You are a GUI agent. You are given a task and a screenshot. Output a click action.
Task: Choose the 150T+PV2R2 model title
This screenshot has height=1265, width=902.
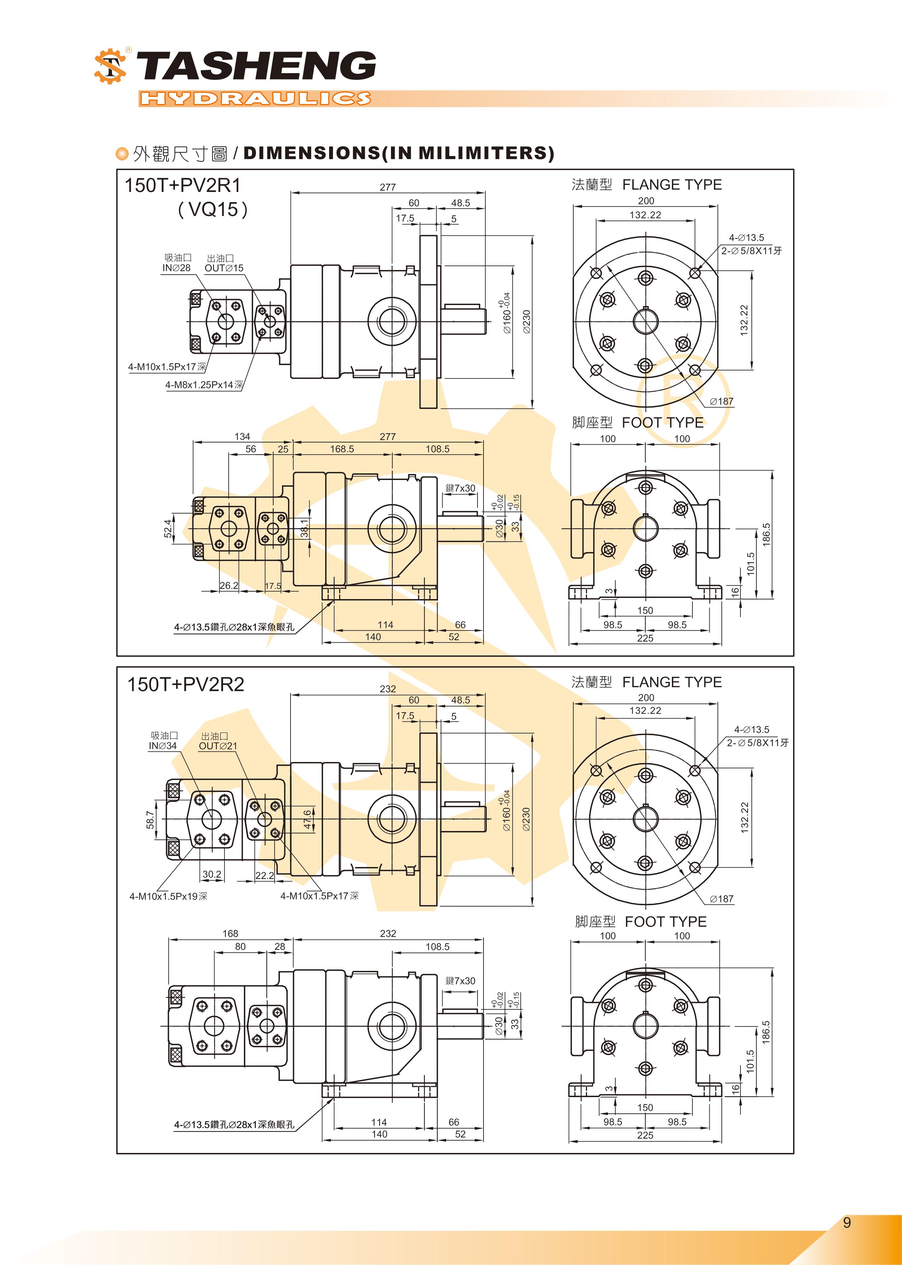186,684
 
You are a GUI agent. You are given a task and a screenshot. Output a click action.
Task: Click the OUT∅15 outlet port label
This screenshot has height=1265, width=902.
224,268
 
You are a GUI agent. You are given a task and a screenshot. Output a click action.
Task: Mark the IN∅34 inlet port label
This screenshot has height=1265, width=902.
162,746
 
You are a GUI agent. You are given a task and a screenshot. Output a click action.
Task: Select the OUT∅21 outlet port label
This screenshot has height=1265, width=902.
218,746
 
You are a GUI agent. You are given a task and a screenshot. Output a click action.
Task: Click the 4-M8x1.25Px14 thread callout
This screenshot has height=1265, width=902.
204,385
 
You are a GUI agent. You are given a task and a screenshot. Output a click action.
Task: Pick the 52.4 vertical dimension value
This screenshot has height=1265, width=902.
168,529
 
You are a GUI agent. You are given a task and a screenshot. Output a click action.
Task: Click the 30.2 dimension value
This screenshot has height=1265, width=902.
212,874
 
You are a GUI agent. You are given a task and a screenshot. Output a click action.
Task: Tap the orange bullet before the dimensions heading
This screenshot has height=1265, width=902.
122,154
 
